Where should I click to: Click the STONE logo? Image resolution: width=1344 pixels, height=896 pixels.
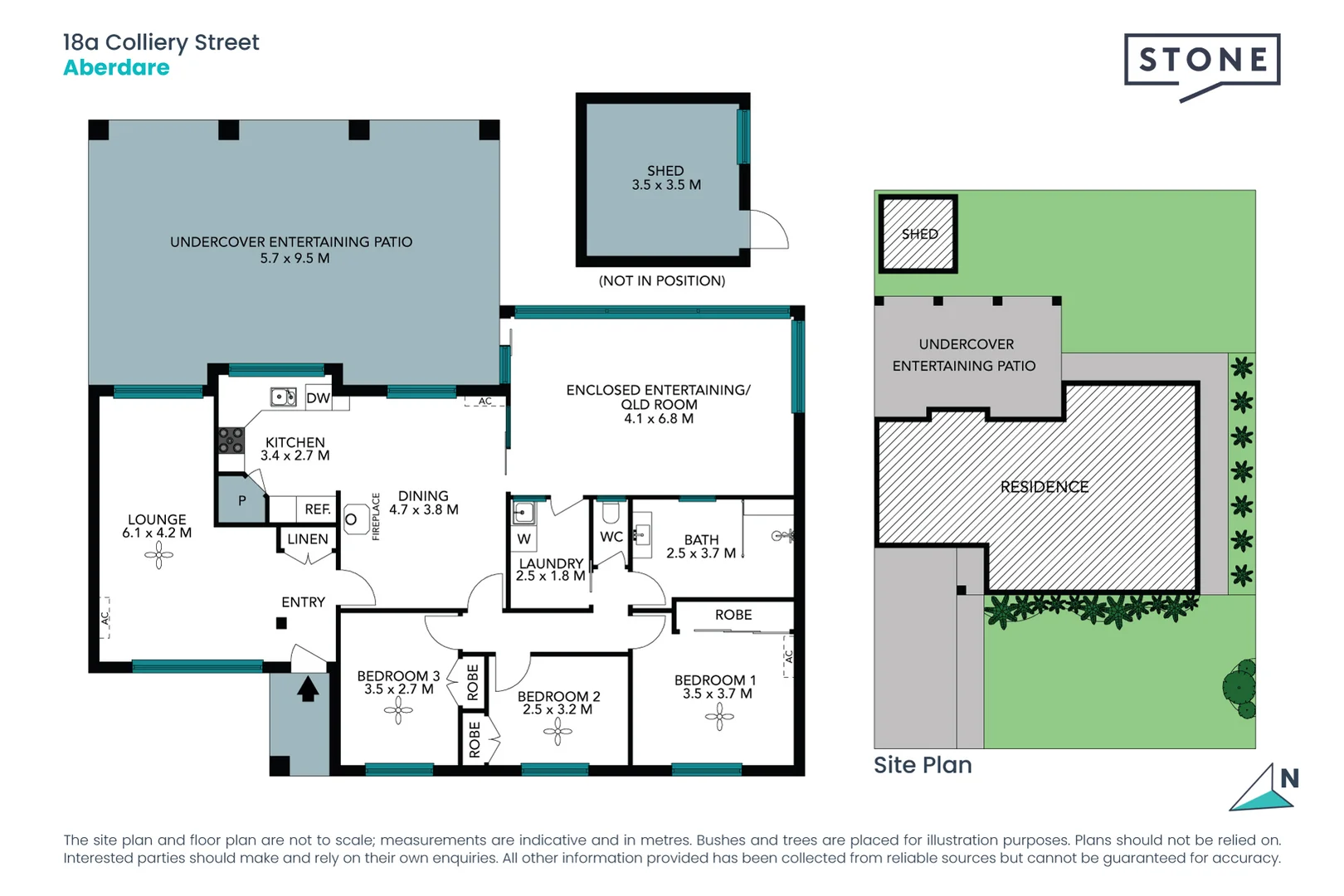[x=1201, y=61]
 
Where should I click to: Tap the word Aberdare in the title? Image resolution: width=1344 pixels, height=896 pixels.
[x=116, y=68]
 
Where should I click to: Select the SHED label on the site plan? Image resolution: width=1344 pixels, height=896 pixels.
[x=919, y=234]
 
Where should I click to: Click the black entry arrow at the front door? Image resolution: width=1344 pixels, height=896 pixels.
[x=308, y=689]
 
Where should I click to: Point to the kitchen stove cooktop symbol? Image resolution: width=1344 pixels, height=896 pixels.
[x=231, y=440]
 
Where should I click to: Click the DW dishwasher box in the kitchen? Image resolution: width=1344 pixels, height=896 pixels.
[x=318, y=398]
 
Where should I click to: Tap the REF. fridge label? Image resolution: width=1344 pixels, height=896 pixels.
[x=317, y=509]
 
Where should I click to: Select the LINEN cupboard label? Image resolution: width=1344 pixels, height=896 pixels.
[x=307, y=539]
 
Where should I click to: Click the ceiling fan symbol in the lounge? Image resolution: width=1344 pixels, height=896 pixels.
[x=158, y=555]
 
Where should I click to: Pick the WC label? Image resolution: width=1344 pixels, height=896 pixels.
[x=611, y=537]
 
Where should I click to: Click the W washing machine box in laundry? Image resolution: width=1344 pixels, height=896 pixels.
[x=523, y=539]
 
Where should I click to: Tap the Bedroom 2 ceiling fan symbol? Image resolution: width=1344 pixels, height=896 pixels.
[x=557, y=731]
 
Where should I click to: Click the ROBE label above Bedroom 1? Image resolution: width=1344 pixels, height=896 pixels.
[x=733, y=615]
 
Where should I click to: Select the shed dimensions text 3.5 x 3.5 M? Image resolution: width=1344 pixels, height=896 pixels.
[x=666, y=185]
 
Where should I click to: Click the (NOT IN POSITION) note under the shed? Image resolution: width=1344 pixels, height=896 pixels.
[x=662, y=281]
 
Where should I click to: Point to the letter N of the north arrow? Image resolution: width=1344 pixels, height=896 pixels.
[x=1289, y=778]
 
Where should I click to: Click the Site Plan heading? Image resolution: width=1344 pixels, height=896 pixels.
[x=923, y=765]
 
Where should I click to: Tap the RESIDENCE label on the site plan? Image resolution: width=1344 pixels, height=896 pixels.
[x=1044, y=487]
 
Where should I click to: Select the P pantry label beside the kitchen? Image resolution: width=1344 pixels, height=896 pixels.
[x=242, y=501]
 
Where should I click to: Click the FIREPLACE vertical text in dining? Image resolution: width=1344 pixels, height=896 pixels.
[x=376, y=517]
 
